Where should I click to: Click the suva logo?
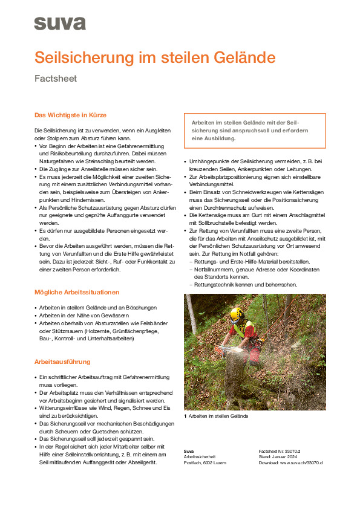click(59, 24)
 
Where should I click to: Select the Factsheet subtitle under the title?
click(55, 79)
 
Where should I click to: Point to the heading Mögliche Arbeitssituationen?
click(77, 292)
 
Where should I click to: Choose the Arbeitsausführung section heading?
click(62, 361)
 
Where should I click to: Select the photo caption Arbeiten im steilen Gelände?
click(218, 416)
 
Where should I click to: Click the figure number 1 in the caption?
click(185, 416)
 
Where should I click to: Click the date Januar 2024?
click(287, 456)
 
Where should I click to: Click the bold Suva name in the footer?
click(189, 451)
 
